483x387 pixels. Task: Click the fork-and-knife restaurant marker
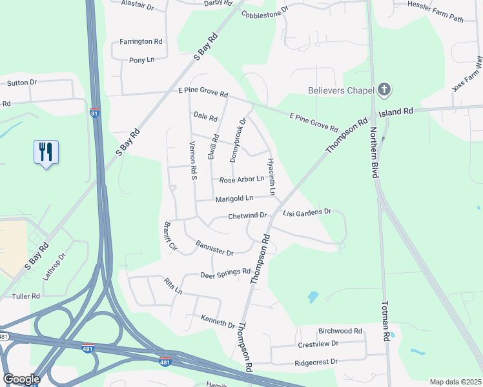tap(46, 152)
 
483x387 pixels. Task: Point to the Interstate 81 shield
tap(95, 114)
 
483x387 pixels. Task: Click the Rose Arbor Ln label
tap(241, 179)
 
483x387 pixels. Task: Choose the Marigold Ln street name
tap(234, 199)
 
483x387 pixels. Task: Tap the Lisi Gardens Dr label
tap(307, 212)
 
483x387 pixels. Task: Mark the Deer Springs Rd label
tap(225, 273)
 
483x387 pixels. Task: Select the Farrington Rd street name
tap(141, 41)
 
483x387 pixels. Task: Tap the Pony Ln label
tap(142, 60)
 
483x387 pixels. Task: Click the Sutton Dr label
tap(22, 83)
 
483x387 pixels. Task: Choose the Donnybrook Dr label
tap(238, 139)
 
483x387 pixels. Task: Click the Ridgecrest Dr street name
tap(316, 362)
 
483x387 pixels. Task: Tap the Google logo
tap(21, 379)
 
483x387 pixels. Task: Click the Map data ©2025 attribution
tap(455, 382)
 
